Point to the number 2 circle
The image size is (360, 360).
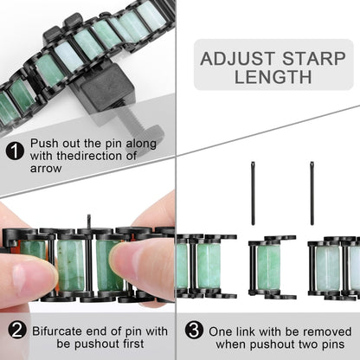coord(14,331)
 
